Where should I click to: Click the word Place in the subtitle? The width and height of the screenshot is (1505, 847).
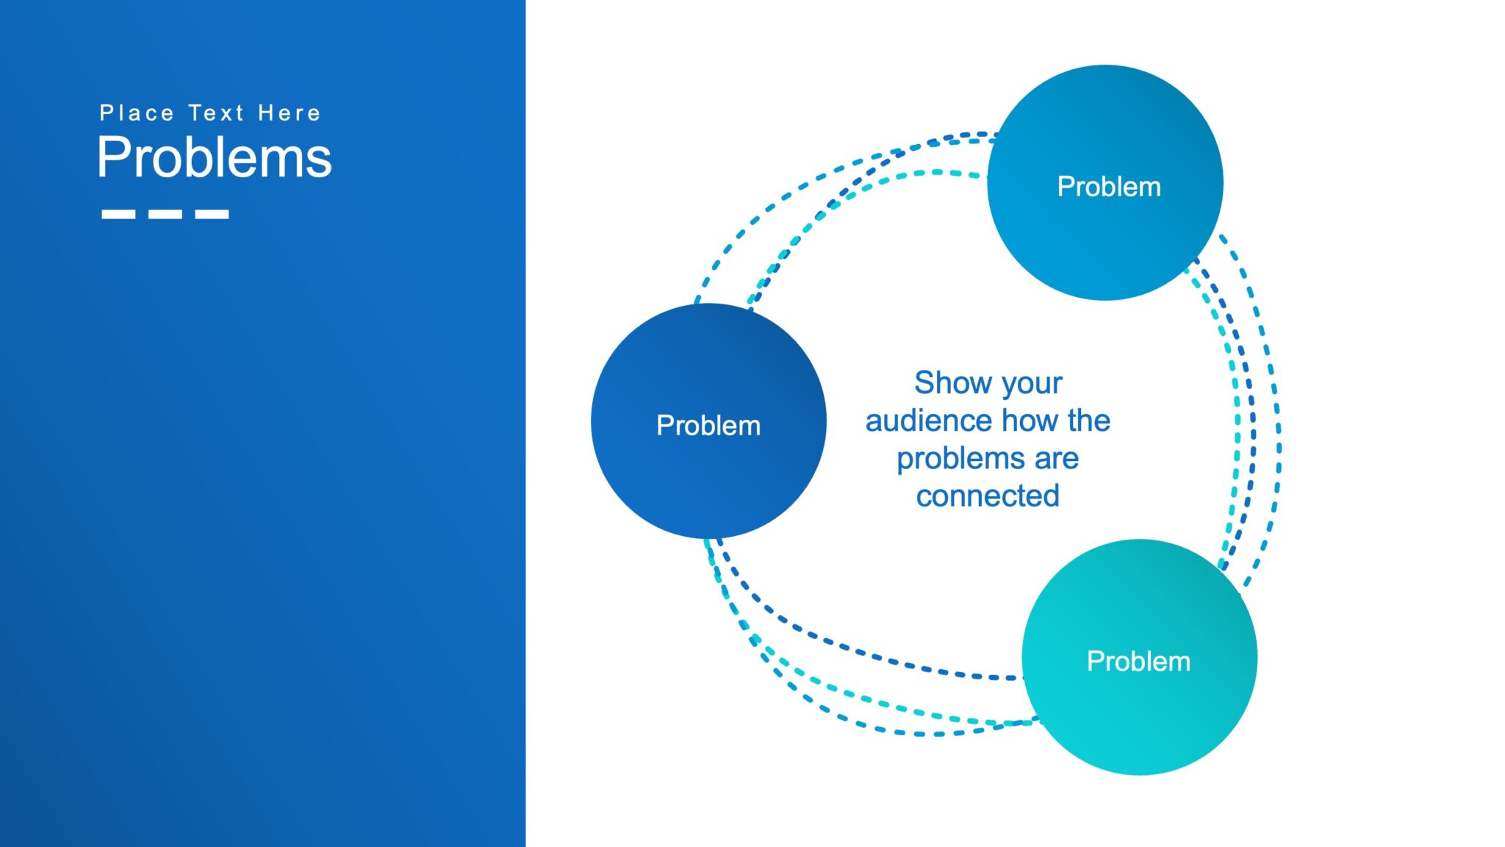[x=137, y=113]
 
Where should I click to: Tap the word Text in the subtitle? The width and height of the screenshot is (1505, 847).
[x=216, y=113]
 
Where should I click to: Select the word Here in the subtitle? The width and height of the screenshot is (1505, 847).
[x=290, y=113]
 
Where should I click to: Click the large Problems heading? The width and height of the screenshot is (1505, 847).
[x=214, y=157]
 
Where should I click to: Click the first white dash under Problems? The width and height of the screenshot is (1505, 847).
[x=118, y=215]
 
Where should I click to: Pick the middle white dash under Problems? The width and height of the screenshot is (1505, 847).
[x=165, y=215]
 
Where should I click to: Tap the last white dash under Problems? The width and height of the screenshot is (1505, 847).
[x=212, y=215]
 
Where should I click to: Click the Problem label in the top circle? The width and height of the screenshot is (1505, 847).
[x=1108, y=187]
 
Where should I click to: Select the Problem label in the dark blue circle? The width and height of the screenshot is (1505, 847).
[x=708, y=426]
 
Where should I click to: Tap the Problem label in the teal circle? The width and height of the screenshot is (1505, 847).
[x=1138, y=661]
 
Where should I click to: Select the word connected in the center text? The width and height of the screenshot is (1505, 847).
[x=988, y=496]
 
